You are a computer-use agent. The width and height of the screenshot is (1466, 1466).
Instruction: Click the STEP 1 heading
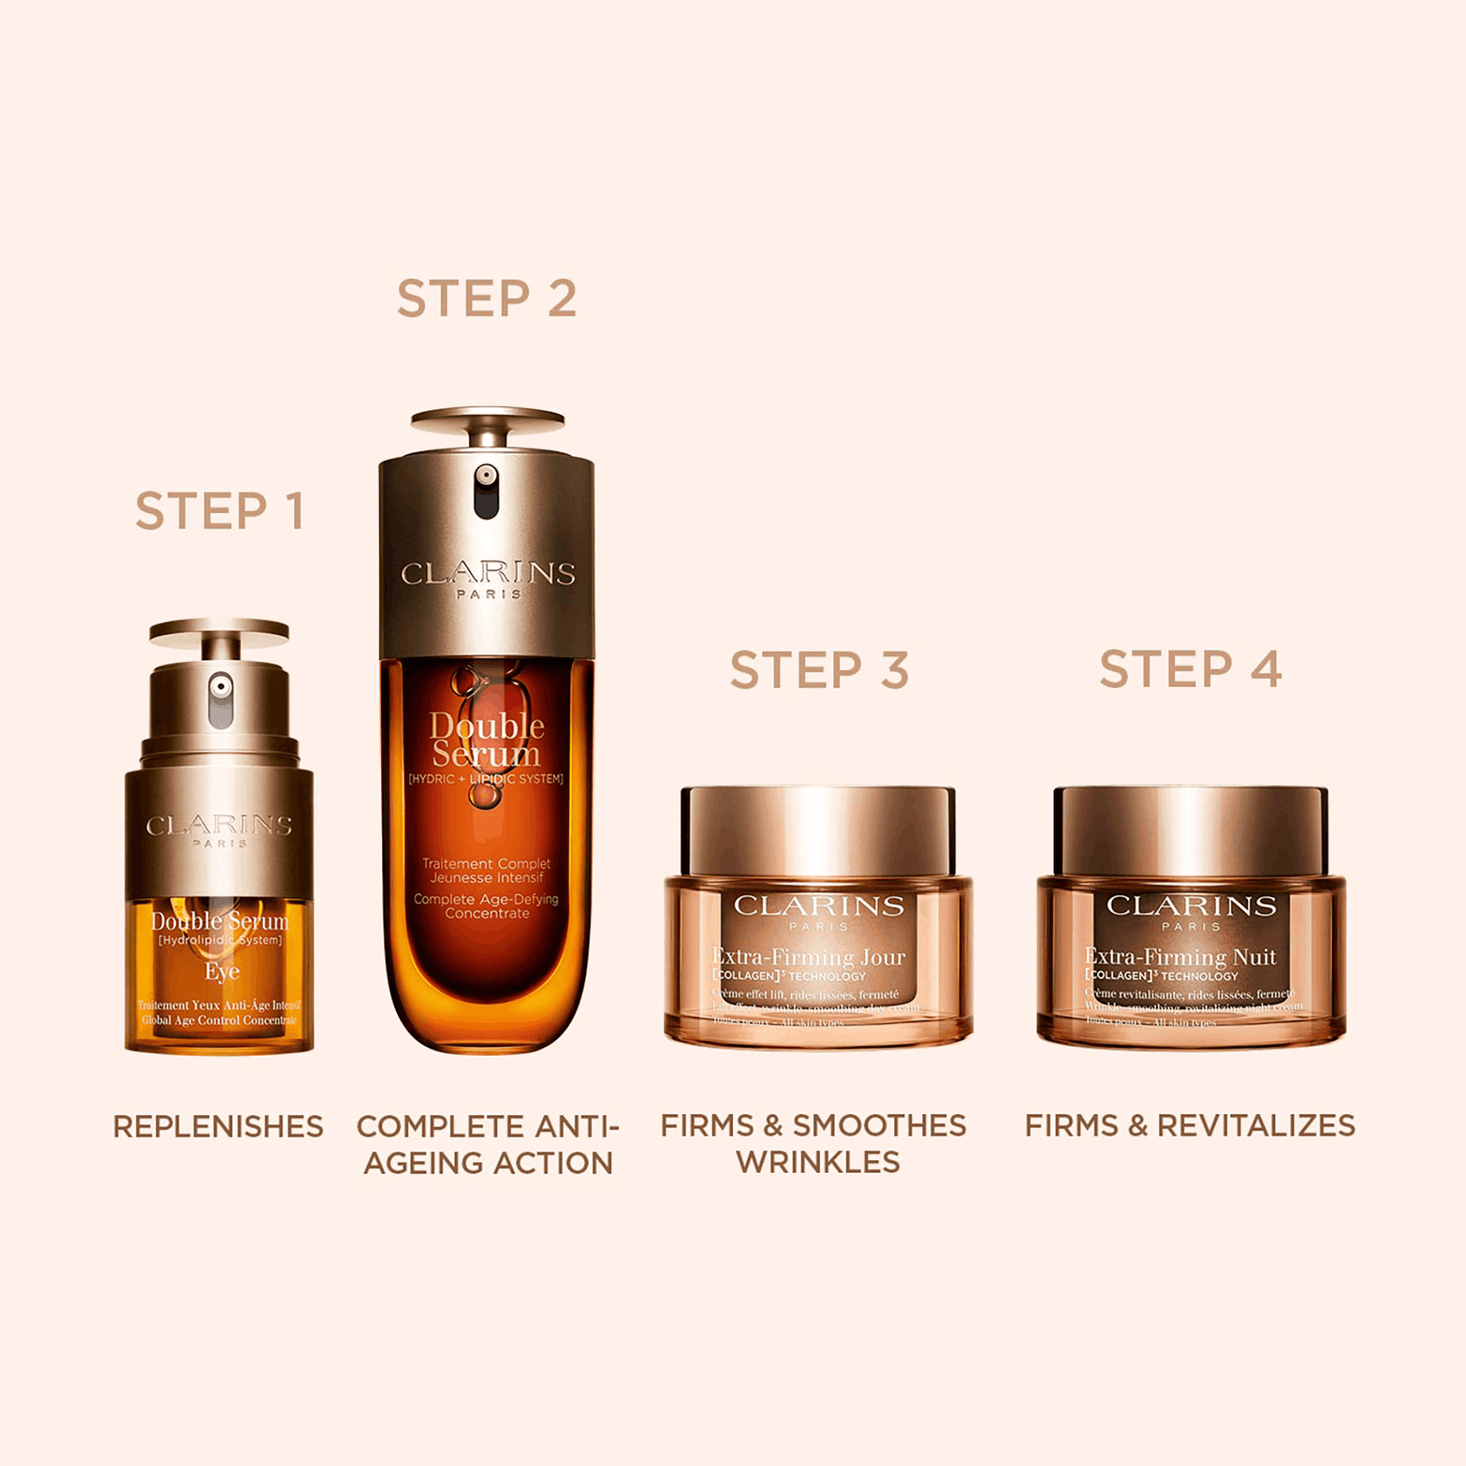219,511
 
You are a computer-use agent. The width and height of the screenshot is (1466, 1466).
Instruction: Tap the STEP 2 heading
487,298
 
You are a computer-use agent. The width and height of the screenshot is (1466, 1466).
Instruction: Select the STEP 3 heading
819,670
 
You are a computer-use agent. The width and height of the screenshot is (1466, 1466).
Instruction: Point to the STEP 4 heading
1190,668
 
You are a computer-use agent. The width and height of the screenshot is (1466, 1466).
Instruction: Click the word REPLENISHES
218,1126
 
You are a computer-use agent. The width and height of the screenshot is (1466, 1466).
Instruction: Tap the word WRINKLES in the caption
818,1162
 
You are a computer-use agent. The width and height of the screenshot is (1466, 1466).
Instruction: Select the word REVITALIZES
1256,1125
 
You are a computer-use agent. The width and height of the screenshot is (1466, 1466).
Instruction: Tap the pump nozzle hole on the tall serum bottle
486,476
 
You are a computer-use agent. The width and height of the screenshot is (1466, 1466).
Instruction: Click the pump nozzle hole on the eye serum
221,687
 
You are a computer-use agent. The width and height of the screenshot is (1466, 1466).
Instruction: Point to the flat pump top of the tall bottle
487,419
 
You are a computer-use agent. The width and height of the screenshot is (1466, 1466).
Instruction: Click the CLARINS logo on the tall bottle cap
488,573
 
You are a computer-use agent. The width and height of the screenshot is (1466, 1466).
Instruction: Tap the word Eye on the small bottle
221,971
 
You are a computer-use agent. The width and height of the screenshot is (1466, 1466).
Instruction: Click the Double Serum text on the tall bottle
487,741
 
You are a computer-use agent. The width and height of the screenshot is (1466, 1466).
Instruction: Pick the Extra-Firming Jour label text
809,957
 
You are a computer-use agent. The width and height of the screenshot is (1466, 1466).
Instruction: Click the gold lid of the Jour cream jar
818,830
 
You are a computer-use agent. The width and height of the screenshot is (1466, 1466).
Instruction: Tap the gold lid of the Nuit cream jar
1190,830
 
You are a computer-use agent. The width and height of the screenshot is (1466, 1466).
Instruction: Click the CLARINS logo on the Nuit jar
1190,905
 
